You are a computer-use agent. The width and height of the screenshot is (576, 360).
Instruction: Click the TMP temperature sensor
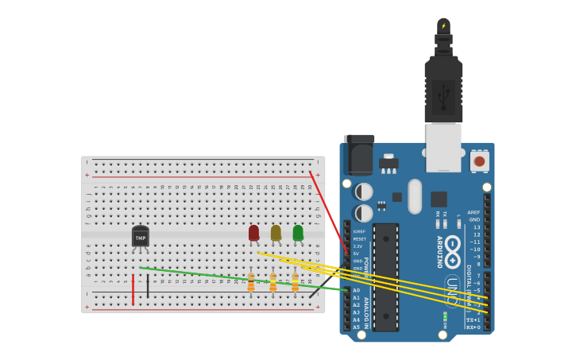pyautogui.click(x=141, y=237)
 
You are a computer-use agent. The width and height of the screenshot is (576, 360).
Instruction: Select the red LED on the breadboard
pyautogui.click(x=253, y=233)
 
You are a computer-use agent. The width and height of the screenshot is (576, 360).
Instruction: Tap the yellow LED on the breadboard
pyautogui.click(x=276, y=233)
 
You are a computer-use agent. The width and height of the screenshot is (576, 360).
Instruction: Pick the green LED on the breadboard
pyautogui.click(x=298, y=233)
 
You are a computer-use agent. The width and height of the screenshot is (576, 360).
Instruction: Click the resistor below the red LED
pyautogui.click(x=251, y=282)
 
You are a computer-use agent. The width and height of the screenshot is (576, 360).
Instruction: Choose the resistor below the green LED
pyautogui.click(x=295, y=282)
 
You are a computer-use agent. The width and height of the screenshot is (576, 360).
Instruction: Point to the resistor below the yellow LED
pyautogui.click(x=273, y=282)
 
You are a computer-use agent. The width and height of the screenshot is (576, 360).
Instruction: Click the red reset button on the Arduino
pyautogui.click(x=479, y=161)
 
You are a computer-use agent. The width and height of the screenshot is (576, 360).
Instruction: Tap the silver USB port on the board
pyautogui.click(x=443, y=147)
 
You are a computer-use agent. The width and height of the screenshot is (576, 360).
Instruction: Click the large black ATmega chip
pyautogui.click(x=385, y=277)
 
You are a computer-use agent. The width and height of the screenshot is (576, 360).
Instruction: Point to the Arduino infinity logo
pyautogui.click(x=453, y=246)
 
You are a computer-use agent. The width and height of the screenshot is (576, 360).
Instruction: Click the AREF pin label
pyautogui.click(x=474, y=212)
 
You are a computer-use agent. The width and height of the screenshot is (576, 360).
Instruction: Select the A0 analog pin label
pyautogui.click(x=356, y=290)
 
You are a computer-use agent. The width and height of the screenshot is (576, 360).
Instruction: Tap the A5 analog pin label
pyautogui.click(x=356, y=327)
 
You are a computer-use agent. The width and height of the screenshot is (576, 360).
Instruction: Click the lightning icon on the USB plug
pyautogui.click(x=443, y=26)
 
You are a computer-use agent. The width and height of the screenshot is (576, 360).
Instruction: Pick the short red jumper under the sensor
pyautogui.click(x=133, y=289)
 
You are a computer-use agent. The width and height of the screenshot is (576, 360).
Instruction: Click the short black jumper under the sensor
pyautogui.click(x=148, y=286)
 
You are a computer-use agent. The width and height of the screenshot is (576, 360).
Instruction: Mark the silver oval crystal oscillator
pyautogui.click(x=415, y=196)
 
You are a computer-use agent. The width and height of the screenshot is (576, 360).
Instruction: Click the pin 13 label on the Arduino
pyautogui.click(x=477, y=227)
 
